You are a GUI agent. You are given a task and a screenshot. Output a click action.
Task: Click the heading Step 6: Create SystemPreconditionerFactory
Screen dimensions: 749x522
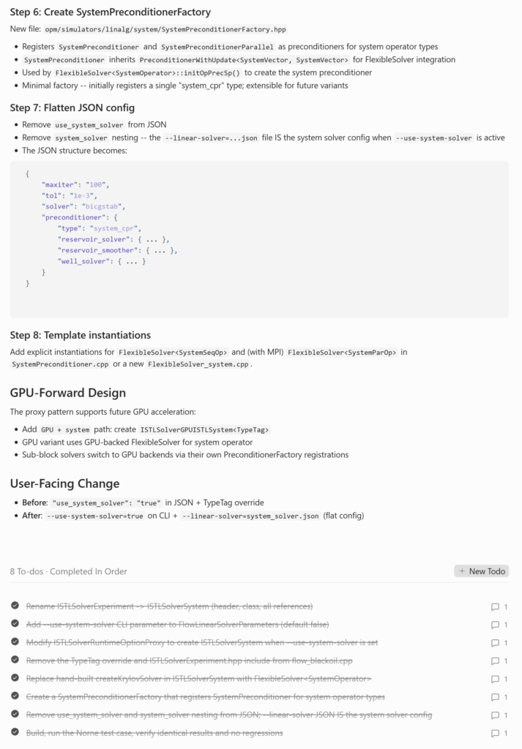[x=110, y=12]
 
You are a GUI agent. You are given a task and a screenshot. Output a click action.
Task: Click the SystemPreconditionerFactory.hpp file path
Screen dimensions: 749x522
[x=165, y=29]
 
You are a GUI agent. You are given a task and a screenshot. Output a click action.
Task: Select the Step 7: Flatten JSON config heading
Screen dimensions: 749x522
[x=72, y=108]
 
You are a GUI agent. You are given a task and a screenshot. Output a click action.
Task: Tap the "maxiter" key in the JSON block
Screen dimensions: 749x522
[x=59, y=185]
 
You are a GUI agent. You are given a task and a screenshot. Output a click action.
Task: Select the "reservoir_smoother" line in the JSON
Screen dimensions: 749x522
[x=117, y=250]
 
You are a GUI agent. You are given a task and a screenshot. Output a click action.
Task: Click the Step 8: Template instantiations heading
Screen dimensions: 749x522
[x=81, y=335]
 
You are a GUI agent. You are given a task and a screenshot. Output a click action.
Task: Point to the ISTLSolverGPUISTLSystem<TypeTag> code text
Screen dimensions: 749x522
[x=204, y=430]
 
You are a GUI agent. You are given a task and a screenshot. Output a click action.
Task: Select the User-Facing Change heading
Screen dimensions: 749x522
[x=64, y=483]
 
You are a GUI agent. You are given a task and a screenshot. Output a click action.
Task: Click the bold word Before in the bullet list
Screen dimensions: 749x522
[x=34, y=503]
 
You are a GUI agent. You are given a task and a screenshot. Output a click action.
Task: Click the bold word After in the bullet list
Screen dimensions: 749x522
[x=31, y=516]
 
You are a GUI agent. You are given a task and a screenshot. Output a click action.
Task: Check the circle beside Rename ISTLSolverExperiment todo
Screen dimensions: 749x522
[x=15, y=606]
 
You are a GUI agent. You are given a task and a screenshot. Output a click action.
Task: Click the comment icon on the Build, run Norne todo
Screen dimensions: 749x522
[x=496, y=733]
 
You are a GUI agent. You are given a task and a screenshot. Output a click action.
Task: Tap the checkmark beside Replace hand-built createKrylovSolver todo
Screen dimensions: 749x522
[x=15, y=678]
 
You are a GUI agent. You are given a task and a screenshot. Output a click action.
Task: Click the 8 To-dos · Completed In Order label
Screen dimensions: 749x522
[x=68, y=571]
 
